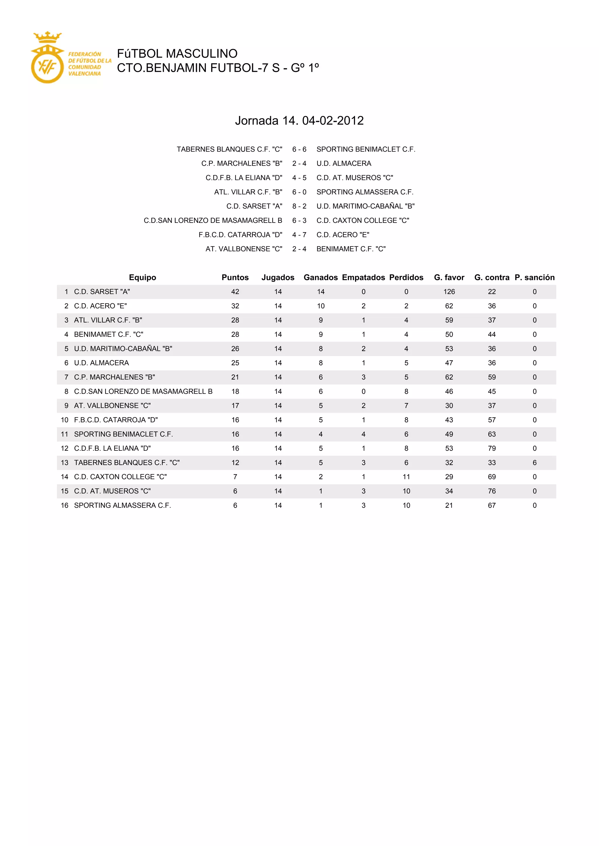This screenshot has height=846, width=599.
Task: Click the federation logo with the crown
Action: coord(47,58)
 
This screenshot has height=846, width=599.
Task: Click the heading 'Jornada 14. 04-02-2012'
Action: coord(299,120)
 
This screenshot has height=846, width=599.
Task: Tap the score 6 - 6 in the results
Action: coord(299,149)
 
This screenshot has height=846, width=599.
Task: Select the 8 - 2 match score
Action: coord(299,206)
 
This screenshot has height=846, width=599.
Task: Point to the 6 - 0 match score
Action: coord(299,192)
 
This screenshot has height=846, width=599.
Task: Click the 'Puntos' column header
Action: coord(235,278)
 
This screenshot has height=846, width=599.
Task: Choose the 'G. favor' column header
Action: coord(449,278)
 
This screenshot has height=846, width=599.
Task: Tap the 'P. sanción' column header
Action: coord(534,278)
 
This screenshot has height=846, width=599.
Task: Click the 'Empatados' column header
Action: coord(363,278)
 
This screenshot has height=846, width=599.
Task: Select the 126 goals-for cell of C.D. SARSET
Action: coord(449,292)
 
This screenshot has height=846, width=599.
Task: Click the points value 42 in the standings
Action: coord(235,292)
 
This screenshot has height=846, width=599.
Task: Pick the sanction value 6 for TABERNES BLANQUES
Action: coord(534,463)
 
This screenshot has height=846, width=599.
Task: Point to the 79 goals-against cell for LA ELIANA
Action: coord(492,448)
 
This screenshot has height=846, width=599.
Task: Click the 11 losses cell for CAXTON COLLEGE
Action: coord(406,477)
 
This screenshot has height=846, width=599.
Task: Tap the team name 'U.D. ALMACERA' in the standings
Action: coord(101,363)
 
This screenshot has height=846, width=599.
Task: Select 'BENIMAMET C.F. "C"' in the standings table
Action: coord(109,334)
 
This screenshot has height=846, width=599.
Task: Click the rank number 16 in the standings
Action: coord(65,506)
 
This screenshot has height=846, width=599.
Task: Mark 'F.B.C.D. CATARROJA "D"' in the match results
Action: coord(240,235)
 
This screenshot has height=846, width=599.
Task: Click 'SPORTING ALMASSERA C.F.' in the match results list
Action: coord(365,192)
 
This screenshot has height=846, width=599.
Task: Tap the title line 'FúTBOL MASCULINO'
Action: coord(177,54)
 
